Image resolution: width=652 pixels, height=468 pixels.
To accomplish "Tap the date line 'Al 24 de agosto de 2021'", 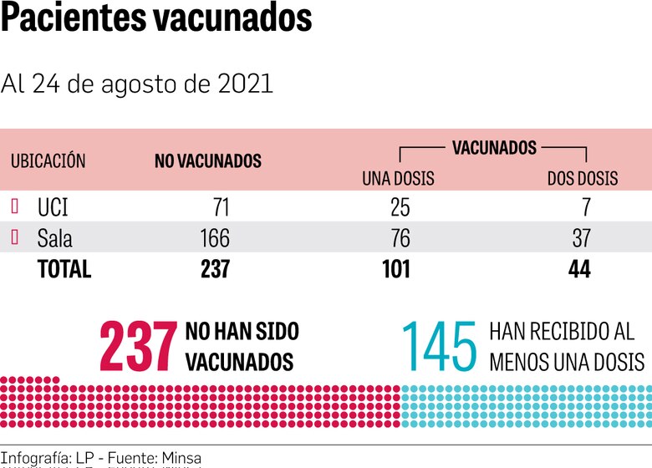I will coord(137,84).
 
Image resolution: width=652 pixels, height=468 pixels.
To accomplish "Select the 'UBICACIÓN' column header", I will coord(48,162).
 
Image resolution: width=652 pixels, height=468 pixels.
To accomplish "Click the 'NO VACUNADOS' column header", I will coord(207,162).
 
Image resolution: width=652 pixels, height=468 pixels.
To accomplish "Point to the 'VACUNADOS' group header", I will coord(494,148).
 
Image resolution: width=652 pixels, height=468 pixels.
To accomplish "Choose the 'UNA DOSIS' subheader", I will coord(398,179).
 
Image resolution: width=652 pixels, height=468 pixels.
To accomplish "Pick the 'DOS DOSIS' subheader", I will coord(583,179).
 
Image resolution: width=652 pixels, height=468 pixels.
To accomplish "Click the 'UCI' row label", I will coord(53,207).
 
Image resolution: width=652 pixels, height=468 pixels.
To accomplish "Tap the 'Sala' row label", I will coord(55,238).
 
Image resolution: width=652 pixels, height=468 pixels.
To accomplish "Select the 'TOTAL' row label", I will coord(64,269).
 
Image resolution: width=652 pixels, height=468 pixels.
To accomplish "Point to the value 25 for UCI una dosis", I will coord(400,207).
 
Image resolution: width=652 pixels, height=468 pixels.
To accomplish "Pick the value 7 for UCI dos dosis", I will coord(586,207).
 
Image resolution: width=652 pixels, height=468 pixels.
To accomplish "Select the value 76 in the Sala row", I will coord(400,238).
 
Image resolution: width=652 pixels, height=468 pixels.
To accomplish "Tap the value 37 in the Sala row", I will coord(582,238).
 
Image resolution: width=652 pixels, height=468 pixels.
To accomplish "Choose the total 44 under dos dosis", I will coord(579,269).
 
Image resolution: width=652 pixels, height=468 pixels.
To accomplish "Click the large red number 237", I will coord(138,347).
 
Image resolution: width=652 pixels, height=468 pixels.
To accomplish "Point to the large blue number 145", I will coord(440,347).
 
